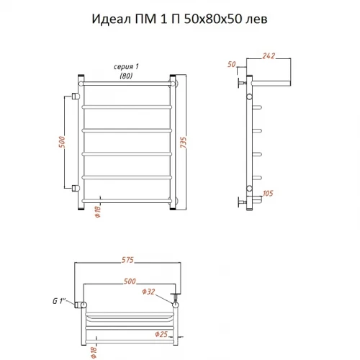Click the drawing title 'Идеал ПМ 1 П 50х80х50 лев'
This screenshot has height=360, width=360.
point(179,19)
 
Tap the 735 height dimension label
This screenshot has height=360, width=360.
point(183,143)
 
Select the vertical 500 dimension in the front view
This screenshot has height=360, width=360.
point(62,142)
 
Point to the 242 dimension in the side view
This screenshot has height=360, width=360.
point(269,55)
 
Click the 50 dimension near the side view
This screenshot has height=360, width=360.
point(232,64)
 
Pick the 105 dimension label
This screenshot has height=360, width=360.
point(268,193)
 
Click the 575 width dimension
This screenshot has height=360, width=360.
point(127,260)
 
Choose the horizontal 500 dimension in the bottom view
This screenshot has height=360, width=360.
point(130,281)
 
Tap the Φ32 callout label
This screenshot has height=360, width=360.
point(148,292)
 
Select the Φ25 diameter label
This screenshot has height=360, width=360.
point(161,334)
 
